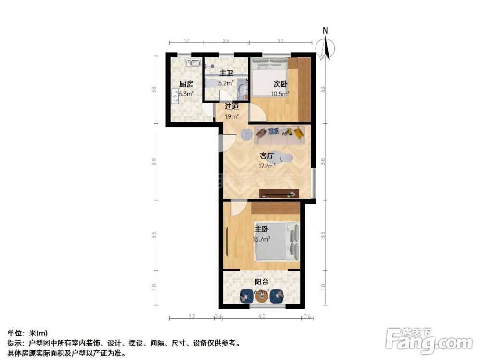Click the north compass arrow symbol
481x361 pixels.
[326, 47]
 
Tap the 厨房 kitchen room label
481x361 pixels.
[186, 84]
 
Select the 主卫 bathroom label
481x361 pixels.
[226, 74]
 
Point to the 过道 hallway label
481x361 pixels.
[232, 107]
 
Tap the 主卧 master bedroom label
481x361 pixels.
[262, 229]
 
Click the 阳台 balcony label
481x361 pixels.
[261, 282]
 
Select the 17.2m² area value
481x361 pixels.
[267, 166]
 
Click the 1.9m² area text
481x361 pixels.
[232, 116]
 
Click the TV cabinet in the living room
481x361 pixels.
[279, 194]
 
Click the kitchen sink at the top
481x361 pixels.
[194, 63]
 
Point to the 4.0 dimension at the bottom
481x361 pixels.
[261, 317]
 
